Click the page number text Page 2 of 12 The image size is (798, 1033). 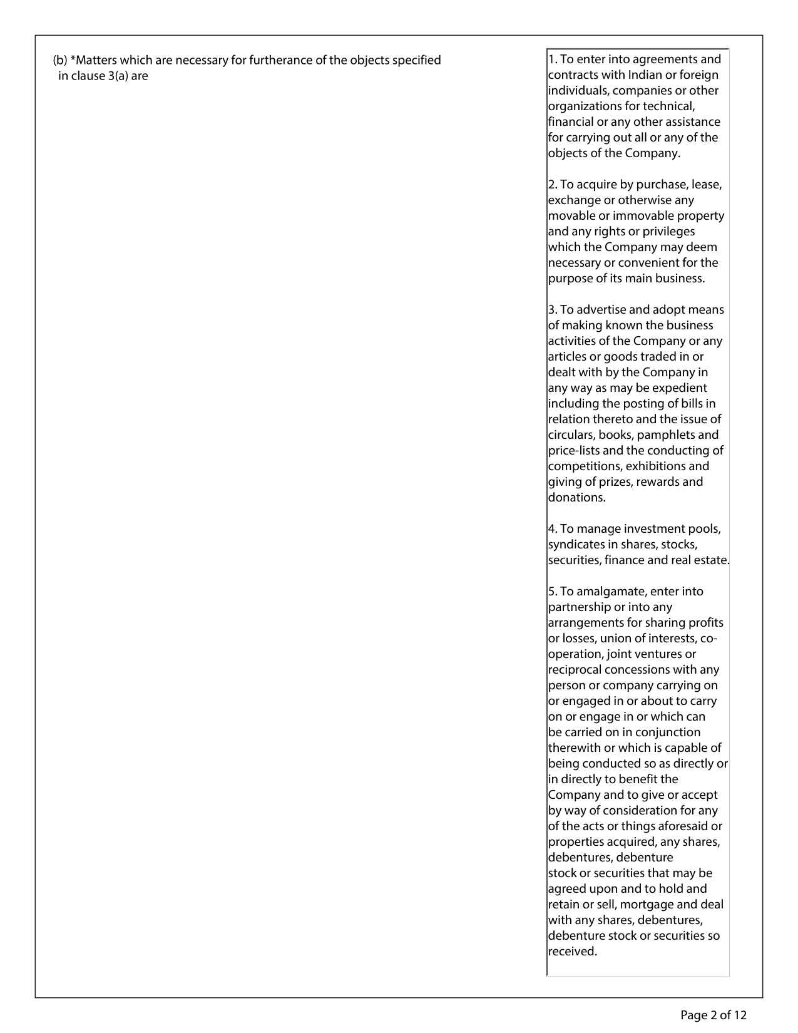point(714,1015)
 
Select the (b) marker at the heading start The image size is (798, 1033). point(60,61)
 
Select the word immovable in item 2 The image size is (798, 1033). point(643,216)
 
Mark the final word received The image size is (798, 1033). point(572,952)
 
